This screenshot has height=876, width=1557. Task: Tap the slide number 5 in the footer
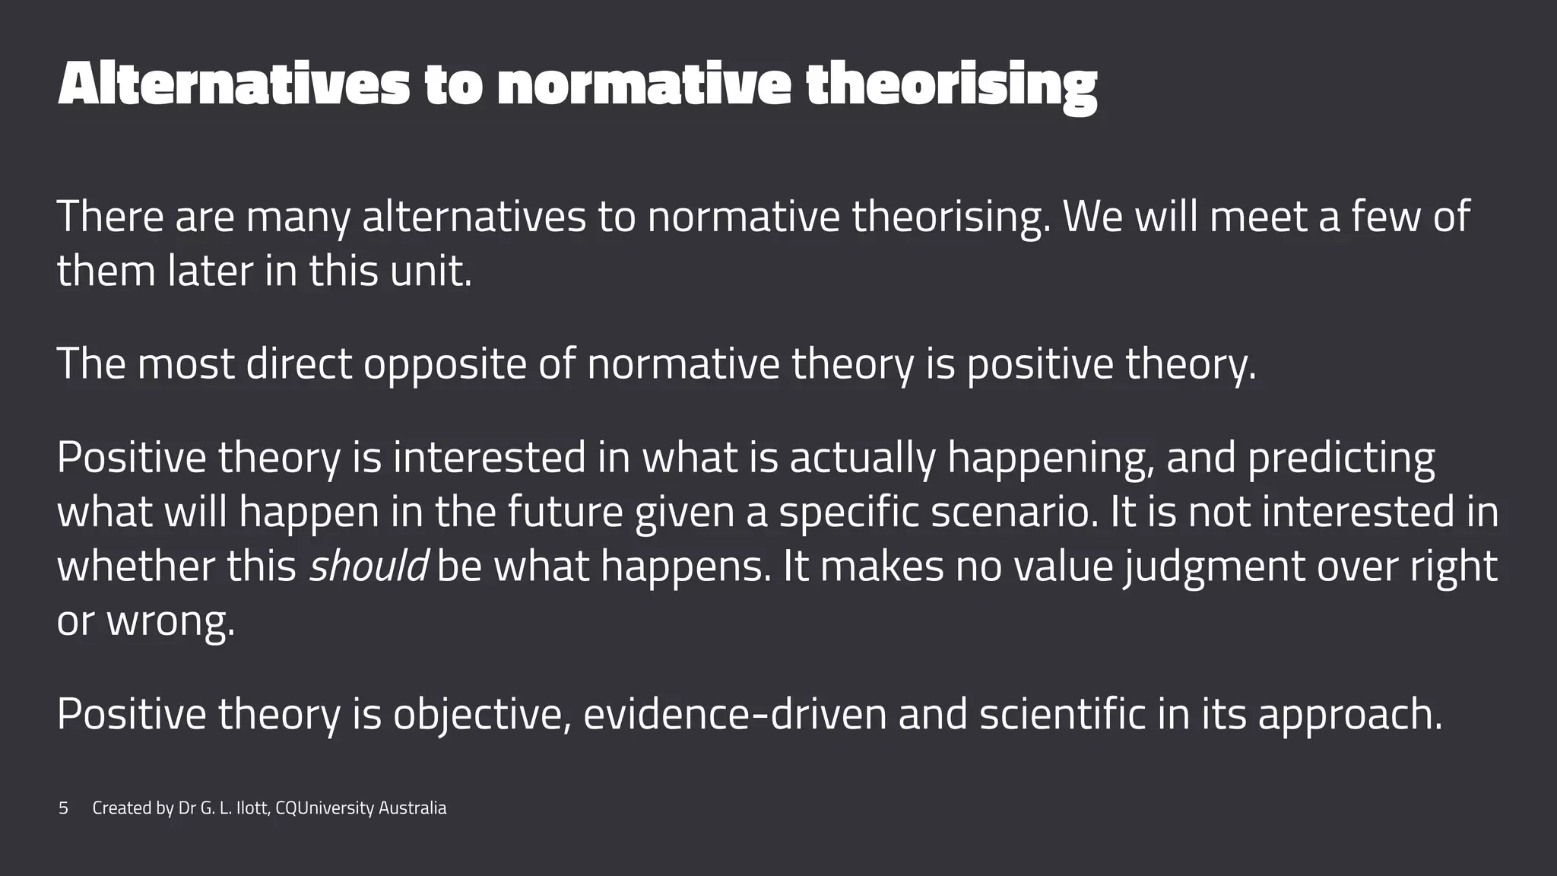(63, 808)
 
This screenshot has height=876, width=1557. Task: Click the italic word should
(368, 567)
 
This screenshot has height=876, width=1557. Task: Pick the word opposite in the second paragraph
(445, 364)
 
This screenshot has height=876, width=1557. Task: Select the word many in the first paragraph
(298, 217)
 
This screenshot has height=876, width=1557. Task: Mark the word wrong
(170, 622)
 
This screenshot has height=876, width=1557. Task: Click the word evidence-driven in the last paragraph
(734, 715)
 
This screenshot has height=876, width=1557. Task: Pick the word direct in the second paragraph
(299, 364)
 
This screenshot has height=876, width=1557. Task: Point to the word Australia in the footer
(412, 808)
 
